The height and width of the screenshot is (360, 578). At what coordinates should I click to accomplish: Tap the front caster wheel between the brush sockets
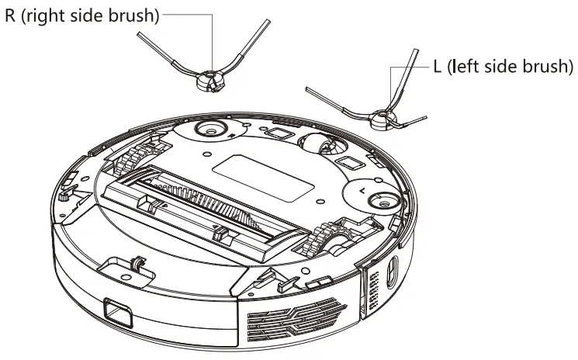point(317,145)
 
